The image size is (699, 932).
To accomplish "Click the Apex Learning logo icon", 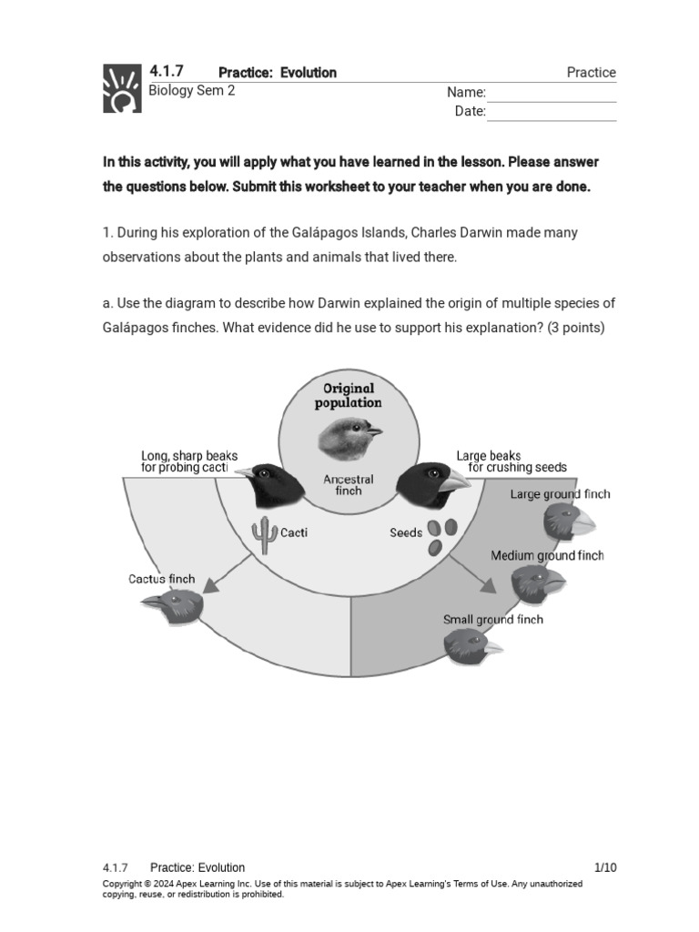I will tap(122, 88).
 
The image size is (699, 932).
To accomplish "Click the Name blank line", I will tap(552, 95).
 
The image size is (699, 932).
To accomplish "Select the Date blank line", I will tap(552, 113).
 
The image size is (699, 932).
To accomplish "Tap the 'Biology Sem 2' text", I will tap(191, 91).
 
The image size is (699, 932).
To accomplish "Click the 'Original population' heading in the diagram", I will tap(349, 395).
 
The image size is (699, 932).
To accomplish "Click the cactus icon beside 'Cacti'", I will tap(265, 535).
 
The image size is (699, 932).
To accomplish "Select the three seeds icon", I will tap(441, 535).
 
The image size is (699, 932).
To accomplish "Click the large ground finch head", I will tap(568, 522).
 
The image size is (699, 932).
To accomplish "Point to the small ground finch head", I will tap(470, 647).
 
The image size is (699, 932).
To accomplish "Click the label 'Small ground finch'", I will tap(492, 620).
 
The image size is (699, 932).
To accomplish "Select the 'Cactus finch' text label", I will tap(161, 579).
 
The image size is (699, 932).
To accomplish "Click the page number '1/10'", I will tap(605, 867).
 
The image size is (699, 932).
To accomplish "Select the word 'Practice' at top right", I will tap(591, 73).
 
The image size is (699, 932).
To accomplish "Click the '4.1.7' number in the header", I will tap(167, 71).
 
